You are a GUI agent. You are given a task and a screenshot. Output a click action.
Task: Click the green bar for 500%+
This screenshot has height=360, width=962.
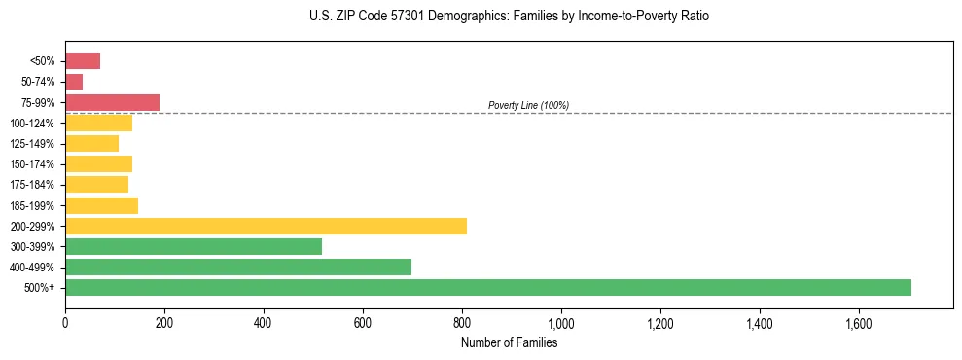[487, 287]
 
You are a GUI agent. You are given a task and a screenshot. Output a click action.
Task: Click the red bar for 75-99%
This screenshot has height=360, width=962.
[112, 102]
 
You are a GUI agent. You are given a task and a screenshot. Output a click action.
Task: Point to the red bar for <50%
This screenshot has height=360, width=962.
[83, 61]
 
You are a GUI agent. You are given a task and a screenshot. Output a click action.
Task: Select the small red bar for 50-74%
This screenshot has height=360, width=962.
[74, 82]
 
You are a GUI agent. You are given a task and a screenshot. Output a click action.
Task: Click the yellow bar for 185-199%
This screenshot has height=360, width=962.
[101, 205]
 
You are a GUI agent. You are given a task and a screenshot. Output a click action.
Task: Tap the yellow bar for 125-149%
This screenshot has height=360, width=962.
[91, 144]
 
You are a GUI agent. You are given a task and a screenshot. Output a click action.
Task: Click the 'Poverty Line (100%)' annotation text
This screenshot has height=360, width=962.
[528, 105]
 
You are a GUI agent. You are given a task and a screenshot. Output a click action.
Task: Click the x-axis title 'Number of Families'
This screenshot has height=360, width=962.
[509, 342]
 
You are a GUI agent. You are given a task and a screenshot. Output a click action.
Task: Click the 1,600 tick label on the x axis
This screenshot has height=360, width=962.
[859, 322]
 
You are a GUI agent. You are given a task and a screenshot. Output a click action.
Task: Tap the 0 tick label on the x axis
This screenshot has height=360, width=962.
[65, 322]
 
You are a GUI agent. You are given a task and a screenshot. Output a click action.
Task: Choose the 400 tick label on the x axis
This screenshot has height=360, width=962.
[264, 322]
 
